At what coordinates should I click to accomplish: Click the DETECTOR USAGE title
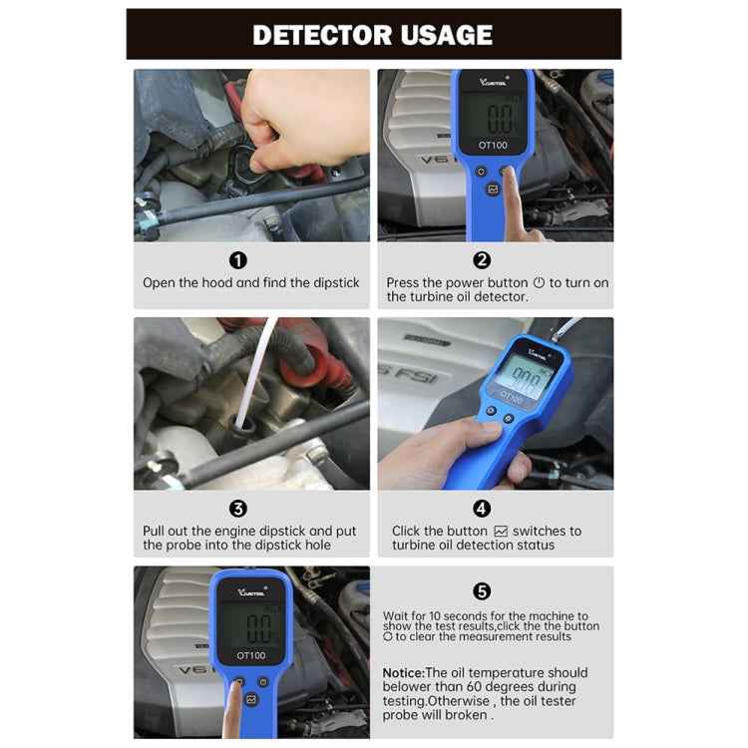pos(373,35)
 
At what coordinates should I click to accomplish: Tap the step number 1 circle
pos(238,260)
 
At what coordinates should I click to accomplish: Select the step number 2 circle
pos(482,260)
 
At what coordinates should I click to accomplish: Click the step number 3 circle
pos(238,509)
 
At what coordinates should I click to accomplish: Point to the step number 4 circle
pos(482,509)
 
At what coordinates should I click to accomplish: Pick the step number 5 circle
pos(482,590)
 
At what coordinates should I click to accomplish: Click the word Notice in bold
pos(403,673)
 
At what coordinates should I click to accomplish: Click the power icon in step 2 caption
pos(540,283)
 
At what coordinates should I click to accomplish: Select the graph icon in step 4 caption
pos(501,532)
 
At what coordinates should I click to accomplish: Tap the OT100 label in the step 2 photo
pos(493,145)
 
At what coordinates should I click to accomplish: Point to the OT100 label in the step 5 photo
pos(250,655)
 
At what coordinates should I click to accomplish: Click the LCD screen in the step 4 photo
pos(519,378)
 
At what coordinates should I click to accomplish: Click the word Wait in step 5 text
pos(397,616)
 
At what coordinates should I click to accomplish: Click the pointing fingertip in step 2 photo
pos(510,178)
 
